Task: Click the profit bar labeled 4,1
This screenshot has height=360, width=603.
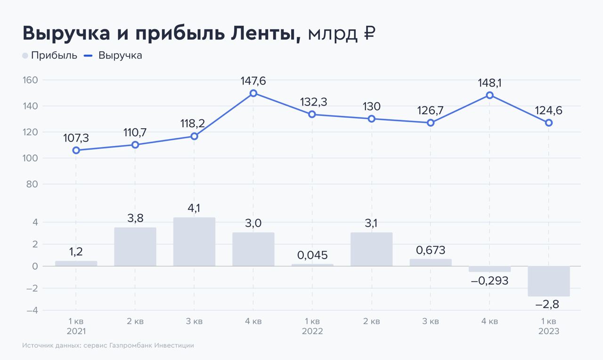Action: tap(194, 242)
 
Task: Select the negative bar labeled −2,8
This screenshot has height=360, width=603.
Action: tap(549, 281)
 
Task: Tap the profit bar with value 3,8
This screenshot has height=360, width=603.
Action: tap(135, 247)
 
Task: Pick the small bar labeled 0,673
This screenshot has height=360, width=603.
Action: tap(431, 262)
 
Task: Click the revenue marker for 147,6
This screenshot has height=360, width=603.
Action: tap(253, 93)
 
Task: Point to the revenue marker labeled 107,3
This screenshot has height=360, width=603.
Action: tap(76, 150)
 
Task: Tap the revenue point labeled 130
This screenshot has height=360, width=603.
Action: tap(372, 119)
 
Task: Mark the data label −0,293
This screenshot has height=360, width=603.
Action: tap(489, 281)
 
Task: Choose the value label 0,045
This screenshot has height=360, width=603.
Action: tap(312, 255)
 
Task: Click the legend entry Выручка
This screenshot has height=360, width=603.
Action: tap(120, 56)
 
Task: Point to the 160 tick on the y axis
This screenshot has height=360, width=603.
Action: tap(30, 80)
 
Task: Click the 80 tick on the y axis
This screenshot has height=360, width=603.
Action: tap(32, 184)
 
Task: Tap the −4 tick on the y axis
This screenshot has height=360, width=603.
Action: tap(33, 310)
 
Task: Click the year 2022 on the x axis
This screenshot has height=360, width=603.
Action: tap(312, 331)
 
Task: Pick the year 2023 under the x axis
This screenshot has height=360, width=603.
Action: tap(549, 331)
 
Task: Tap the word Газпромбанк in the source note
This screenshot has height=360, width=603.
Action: tap(130, 345)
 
